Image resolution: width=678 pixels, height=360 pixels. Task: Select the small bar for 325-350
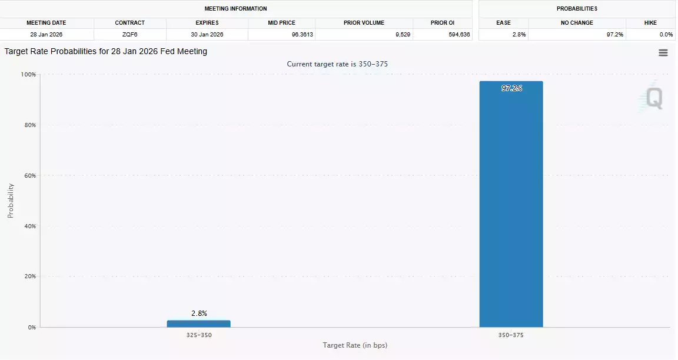(x=198, y=324)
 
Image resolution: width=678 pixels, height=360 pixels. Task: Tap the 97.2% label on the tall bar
(x=511, y=88)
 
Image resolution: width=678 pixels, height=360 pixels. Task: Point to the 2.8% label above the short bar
(x=199, y=314)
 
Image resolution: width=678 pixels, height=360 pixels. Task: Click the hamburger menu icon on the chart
(x=663, y=53)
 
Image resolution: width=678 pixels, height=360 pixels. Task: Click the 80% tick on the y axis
(x=29, y=125)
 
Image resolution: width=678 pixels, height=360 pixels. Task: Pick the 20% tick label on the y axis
(x=29, y=276)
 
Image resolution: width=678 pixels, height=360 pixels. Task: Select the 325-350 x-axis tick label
(x=199, y=335)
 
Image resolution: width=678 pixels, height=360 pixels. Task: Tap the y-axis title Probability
(x=11, y=201)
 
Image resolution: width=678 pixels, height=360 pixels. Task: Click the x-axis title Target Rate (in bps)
(x=355, y=345)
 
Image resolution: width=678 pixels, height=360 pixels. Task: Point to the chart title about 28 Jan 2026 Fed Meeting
(x=106, y=52)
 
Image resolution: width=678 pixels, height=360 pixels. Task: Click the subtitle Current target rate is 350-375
(x=337, y=64)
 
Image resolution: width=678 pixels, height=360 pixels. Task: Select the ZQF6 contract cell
(x=129, y=35)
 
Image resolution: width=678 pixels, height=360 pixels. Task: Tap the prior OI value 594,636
(x=458, y=35)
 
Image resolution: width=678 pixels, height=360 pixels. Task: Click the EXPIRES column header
(x=207, y=23)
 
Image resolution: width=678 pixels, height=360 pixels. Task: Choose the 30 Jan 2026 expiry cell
(x=207, y=35)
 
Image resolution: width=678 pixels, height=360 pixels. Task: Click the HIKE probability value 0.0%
(x=666, y=35)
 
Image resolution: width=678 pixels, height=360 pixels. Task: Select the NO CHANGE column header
(x=577, y=23)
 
